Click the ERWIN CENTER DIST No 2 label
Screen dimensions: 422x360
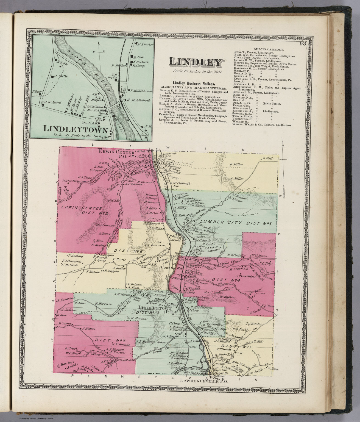82,210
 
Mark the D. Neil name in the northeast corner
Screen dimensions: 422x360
267,159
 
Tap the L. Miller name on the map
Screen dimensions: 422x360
237,179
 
